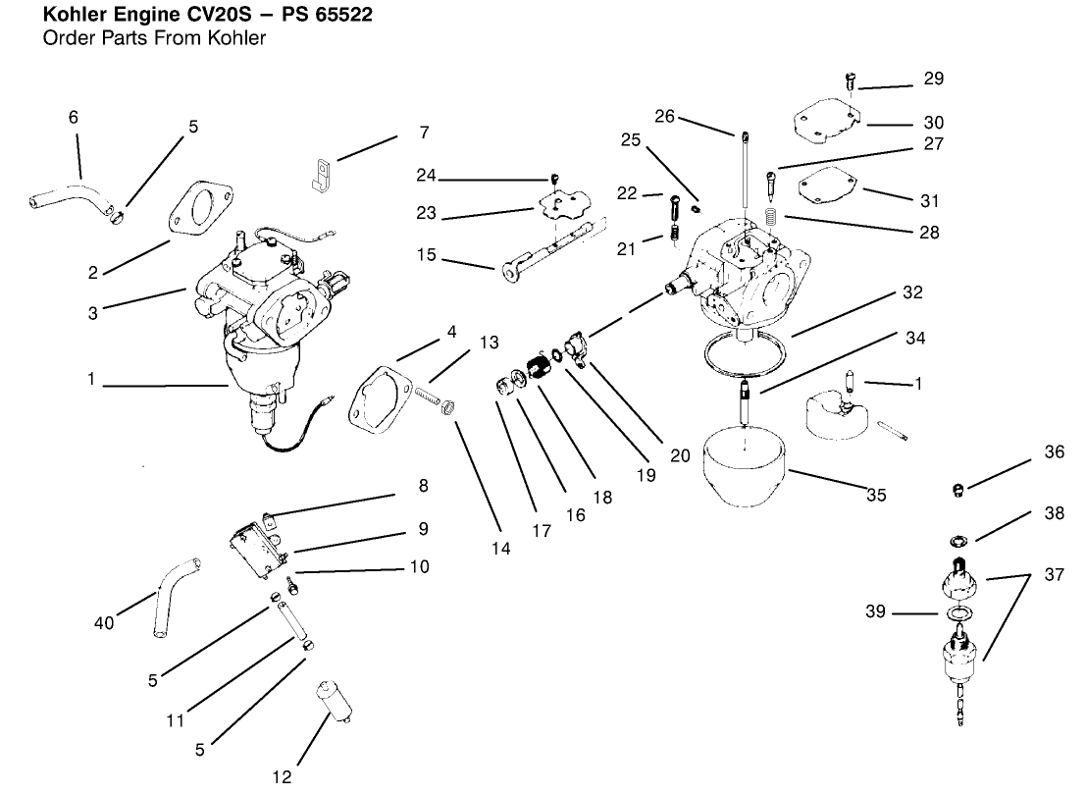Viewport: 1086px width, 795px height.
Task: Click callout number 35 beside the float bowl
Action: click(876, 496)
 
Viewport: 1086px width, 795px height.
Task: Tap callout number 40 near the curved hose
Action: click(104, 622)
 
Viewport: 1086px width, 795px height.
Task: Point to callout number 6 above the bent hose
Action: click(74, 117)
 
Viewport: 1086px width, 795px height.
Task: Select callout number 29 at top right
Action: click(933, 78)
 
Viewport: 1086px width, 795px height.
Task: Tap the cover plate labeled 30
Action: click(824, 123)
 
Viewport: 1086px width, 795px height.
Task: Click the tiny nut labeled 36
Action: click(960, 488)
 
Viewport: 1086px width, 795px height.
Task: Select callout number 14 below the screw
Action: click(500, 550)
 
